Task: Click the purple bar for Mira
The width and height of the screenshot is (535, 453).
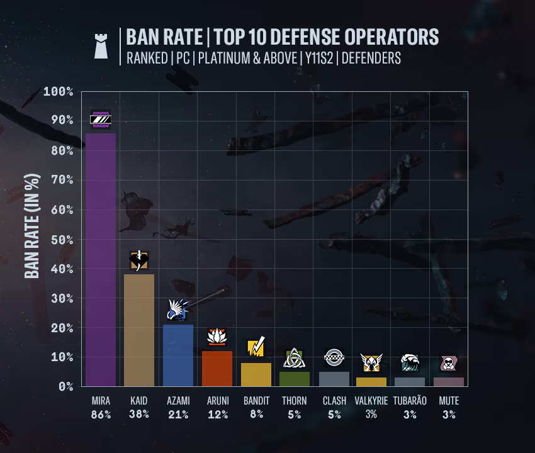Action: point(101,260)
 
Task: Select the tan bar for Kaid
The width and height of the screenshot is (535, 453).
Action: point(139,330)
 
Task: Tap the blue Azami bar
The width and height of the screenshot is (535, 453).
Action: point(178,355)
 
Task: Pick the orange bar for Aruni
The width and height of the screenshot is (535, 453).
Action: point(217,369)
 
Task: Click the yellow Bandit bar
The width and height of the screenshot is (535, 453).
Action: point(256,374)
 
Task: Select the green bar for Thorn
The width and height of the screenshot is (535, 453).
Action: point(295,379)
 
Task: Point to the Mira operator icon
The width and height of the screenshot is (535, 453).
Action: point(101,120)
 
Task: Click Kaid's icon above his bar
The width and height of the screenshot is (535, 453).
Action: point(139,260)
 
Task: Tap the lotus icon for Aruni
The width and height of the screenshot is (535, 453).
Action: point(217,337)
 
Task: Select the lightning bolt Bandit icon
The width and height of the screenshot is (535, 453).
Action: point(256,346)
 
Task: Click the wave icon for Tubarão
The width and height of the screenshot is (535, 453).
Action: point(410,362)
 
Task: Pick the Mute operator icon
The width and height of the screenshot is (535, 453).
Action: point(448,364)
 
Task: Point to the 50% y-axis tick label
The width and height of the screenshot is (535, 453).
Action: point(62,240)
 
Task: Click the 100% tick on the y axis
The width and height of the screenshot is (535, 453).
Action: point(59,91)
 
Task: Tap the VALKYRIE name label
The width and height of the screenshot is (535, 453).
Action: point(371,401)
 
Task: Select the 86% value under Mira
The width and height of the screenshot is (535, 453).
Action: point(101,415)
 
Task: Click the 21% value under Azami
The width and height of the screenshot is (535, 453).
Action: point(178,415)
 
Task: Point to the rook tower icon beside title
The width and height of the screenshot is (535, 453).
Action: point(101,46)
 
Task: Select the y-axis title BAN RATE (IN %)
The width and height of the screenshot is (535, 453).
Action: point(32,226)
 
